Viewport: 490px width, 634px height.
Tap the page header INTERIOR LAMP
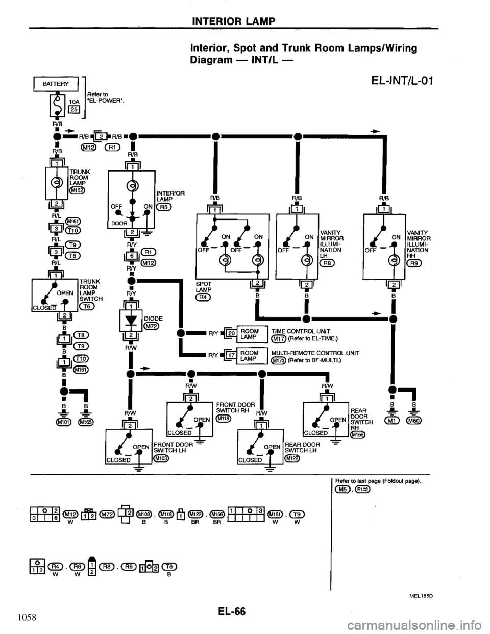[x=234, y=21]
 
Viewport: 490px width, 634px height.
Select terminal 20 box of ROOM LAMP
[x=230, y=332]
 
